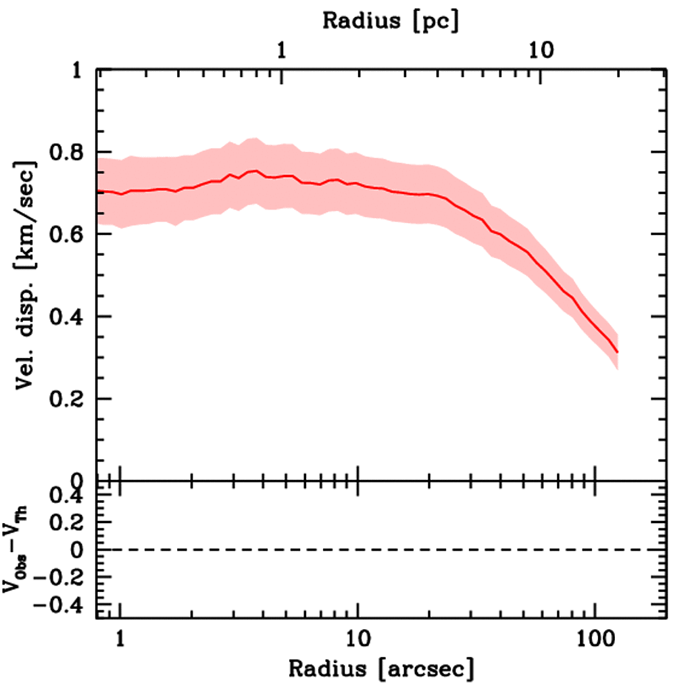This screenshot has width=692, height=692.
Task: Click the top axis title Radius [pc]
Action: pyautogui.click(x=391, y=20)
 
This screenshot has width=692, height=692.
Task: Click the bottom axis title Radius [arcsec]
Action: pyautogui.click(x=382, y=669)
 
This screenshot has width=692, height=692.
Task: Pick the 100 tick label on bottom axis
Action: pyautogui.click(x=595, y=637)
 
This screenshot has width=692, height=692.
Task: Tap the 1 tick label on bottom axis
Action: pyautogui.click(x=120, y=637)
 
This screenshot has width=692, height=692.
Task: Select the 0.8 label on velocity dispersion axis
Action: pyautogui.click(x=69, y=152)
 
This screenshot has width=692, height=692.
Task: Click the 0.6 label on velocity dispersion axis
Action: pyautogui.click(x=69, y=234)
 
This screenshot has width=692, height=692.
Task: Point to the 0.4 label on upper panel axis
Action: pyautogui.click(x=69, y=317)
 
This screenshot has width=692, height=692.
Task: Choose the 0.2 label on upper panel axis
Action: pyautogui.click(x=69, y=399)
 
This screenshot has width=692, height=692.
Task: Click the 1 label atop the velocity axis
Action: pyautogui.click(x=80, y=70)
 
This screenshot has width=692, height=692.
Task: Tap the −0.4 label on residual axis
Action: pyautogui.click(x=61, y=605)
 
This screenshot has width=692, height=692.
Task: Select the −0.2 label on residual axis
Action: pyautogui.click(x=61, y=578)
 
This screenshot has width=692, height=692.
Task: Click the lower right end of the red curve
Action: pyautogui.click(x=617, y=352)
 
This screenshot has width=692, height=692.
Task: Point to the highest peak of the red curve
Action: pyautogui.click(x=255, y=171)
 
